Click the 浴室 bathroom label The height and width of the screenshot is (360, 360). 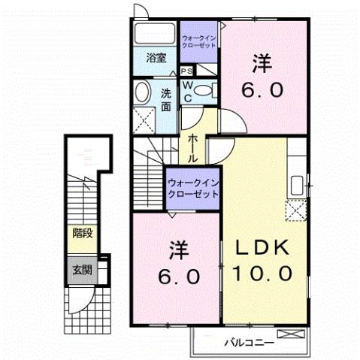[156, 58]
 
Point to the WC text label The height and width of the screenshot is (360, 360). [188, 91]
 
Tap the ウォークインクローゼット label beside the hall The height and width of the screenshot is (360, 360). [192, 186]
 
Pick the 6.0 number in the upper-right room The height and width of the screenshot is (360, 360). [262, 90]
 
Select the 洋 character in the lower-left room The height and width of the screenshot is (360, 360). [177, 247]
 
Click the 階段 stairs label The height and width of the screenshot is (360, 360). [83, 234]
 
